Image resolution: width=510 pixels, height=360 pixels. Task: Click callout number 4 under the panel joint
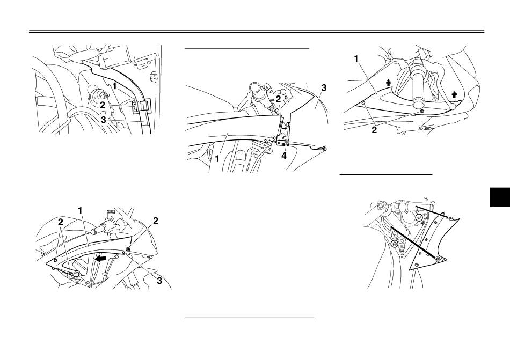pyautogui.click(x=284, y=156)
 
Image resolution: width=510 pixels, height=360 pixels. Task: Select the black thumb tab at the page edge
pyautogui.click(x=500, y=197)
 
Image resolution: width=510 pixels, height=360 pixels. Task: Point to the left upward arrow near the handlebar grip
pyautogui.click(x=388, y=83)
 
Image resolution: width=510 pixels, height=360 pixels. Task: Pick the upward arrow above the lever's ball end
pyautogui.click(x=454, y=94)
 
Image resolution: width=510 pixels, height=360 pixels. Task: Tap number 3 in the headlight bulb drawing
pyautogui.click(x=104, y=120)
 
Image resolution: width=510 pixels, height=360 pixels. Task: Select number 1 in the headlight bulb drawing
pyautogui.click(x=114, y=86)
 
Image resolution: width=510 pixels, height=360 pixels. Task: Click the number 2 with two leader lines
pyautogui.click(x=61, y=222)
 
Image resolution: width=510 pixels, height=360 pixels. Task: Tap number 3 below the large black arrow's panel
pyautogui.click(x=159, y=281)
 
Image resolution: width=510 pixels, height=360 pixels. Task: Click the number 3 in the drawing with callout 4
pyautogui.click(x=324, y=88)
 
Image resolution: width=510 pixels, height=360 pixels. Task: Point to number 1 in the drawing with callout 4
pyautogui.click(x=217, y=159)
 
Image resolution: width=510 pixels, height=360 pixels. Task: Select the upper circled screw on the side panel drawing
pyautogui.click(x=419, y=217)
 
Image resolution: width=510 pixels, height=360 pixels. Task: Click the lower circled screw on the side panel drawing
pyautogui.click(x=395, y=244)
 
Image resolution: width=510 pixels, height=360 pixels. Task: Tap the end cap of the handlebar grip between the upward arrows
pyautogui.click(x=418, y=104)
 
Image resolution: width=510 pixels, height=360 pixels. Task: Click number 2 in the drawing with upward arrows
pyautogui.click(x=374, y=130)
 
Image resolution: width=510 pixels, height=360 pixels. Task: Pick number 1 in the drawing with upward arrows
pyautogui.click(x=356, y=59)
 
